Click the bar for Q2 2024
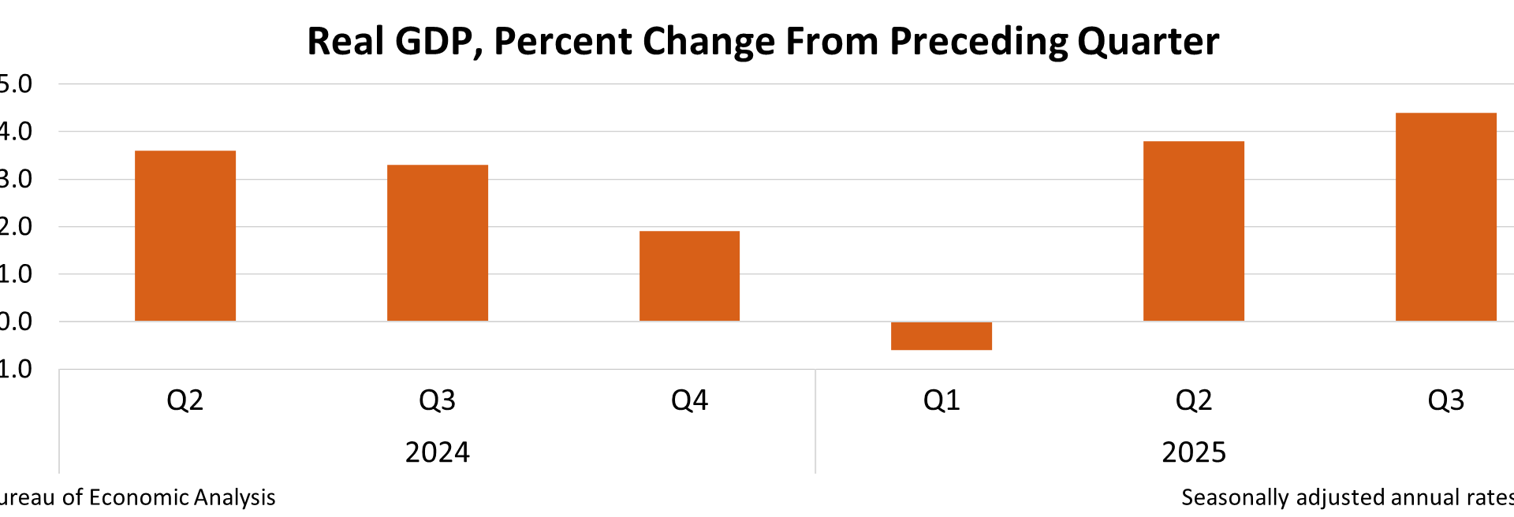tap(185, 236)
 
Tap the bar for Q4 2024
tap(689, 276)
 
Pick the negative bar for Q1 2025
tap(942, 336)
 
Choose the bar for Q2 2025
tap(1194, 231)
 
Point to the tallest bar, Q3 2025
tap(1445, 217)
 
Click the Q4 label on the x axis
tap(689, 400)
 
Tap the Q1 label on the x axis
tap(942, 400)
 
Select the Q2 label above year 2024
tap(185, 400)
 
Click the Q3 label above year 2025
tap(1445, 400)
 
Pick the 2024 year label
tap(438, 452)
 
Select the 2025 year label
tap(1194, 452)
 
